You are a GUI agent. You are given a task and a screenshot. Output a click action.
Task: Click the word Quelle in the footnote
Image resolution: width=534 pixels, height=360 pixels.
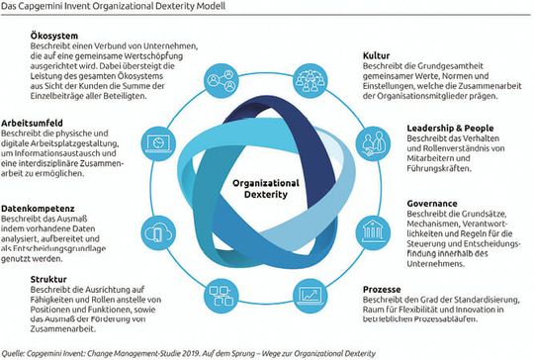tap(16, 349)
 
